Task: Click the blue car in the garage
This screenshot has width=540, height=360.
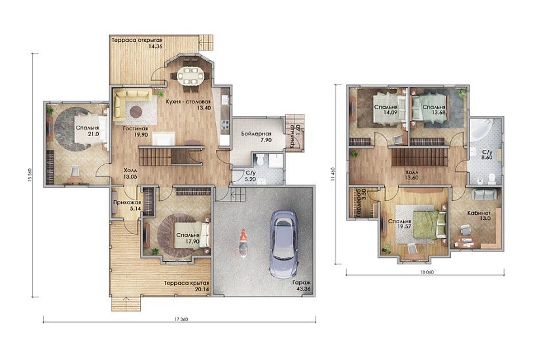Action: pos(284,243)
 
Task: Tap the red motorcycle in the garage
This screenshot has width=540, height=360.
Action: pos(243,243)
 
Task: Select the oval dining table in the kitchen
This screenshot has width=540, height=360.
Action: pos(190,75)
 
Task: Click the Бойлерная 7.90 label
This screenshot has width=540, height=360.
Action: pos(256,137)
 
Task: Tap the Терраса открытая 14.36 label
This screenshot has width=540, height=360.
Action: pos(137,43)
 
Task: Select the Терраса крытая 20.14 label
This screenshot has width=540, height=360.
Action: pos(187,286)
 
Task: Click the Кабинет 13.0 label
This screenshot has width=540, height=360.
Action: pos(479,215)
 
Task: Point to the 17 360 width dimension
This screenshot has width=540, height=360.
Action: pos(180,319)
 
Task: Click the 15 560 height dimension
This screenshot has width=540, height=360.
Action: pos(29,175)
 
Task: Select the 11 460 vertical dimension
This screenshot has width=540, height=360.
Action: pos(333,174)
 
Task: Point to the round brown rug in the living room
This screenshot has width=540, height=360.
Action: pos(135,111)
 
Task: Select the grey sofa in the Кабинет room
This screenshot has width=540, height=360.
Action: pos(484,194)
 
